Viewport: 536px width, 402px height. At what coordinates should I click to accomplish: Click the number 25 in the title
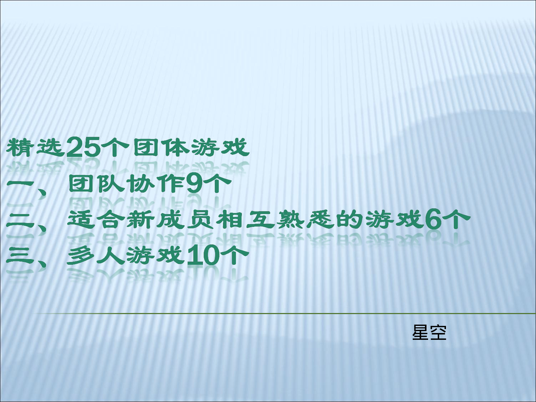click(x=84, y=147)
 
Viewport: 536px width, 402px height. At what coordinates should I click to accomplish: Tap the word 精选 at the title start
click(x=35, y=147)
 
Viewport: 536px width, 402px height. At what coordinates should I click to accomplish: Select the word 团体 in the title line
click(x=161, y=147)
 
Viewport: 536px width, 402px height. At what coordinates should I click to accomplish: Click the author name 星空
click(x=429, y=332)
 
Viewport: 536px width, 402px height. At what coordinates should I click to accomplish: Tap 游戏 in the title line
click(x=219, y=147)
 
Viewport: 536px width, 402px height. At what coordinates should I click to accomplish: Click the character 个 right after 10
click(x=234, y=255)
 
